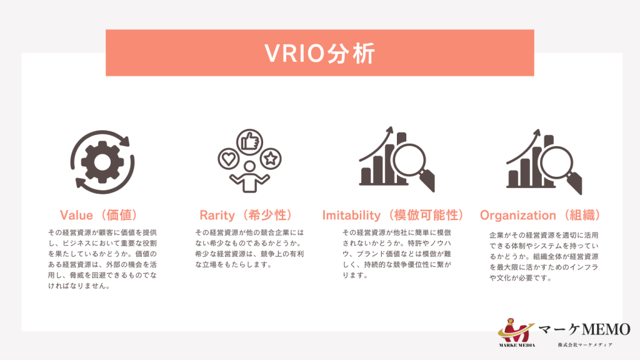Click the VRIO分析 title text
319,53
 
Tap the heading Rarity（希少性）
246,215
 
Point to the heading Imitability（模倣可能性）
394,215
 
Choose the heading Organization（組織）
541,215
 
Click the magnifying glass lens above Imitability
411,160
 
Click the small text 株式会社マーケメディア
584,345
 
